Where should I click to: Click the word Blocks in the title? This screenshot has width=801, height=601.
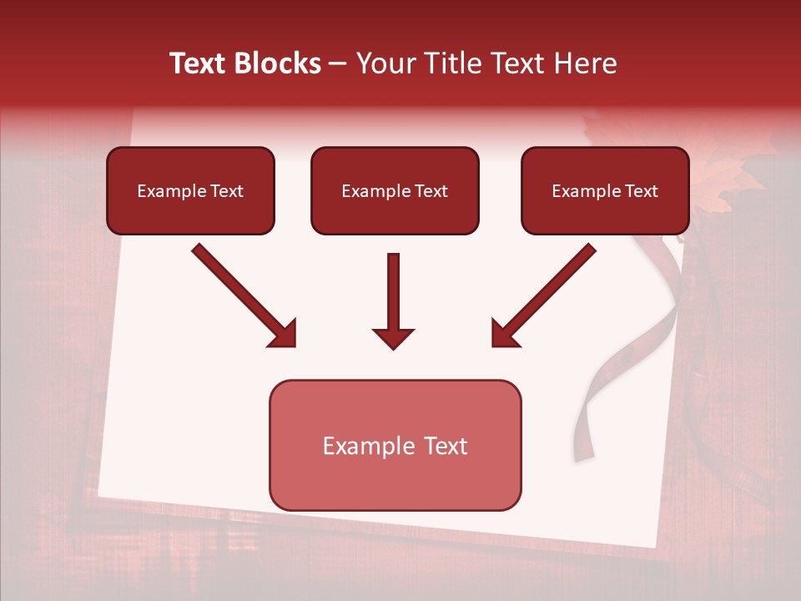tap(278, 63)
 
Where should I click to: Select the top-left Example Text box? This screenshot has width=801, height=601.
tap(190, 190)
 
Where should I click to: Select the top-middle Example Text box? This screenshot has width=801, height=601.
tap(395, 190)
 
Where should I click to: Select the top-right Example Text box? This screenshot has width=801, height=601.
tap(605, 190)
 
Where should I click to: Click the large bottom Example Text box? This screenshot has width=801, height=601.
tap(395, 445)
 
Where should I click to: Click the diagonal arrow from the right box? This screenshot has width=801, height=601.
tap(551, 290)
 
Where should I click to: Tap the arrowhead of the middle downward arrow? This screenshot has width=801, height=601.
tap(394, 337)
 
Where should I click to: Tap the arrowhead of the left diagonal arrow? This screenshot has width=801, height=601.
tap(284, 334)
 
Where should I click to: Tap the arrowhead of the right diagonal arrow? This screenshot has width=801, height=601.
tap(504, 334)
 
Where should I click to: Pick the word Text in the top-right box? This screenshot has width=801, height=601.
tap(642, 190)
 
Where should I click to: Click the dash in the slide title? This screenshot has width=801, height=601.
tap(338, 64)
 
